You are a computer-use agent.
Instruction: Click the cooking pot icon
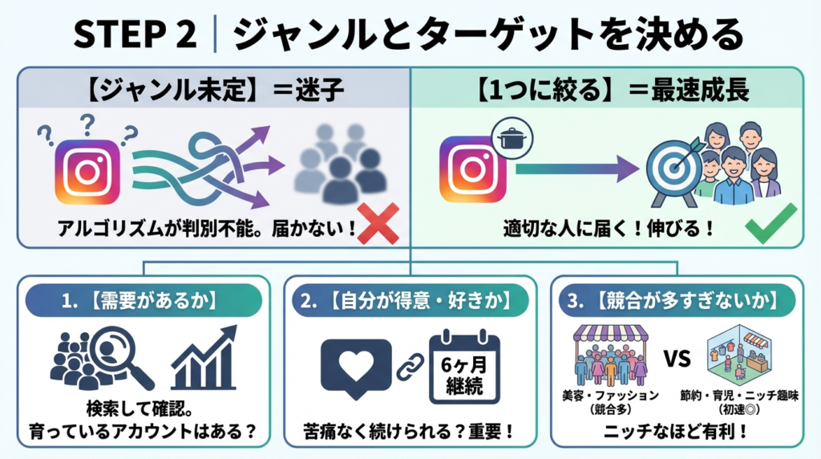[510, 138]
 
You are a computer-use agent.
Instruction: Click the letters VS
[677, 358]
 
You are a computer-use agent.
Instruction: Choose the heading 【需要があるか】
[144, 303]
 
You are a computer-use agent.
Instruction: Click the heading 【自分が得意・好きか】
[410, 303]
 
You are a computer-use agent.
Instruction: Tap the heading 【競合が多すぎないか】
[677, 303]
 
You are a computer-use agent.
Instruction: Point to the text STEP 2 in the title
[134, 34]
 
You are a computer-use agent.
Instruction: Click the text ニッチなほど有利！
[677, 431]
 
